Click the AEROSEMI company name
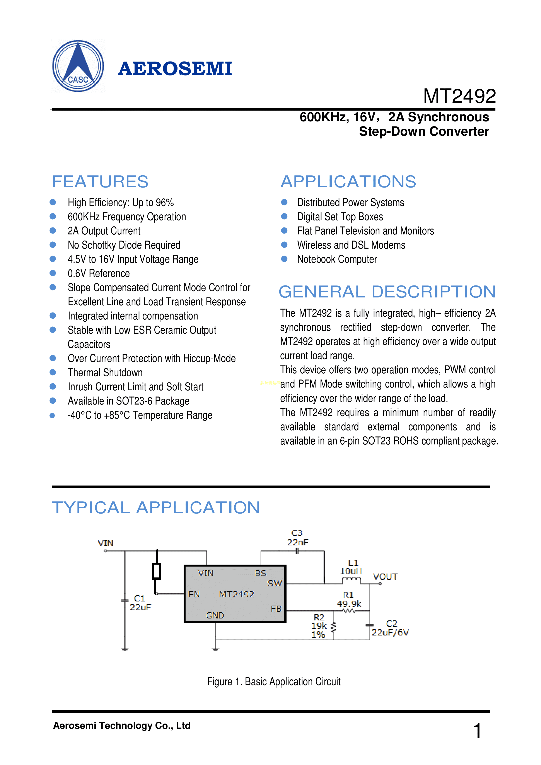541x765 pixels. point(175,69)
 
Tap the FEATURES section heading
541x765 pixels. point(100,182)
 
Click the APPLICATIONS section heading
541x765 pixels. point(348,182)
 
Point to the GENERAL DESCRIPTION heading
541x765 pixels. point(387,292)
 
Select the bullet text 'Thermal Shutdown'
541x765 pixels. point(105,372)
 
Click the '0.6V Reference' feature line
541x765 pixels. point(99,273)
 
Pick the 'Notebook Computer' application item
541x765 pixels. point(337,259)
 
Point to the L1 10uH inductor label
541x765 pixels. point(351,567)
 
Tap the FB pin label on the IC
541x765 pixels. point(276,609)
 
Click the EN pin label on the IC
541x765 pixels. point(194,594)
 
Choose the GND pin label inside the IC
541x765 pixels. point(215,615)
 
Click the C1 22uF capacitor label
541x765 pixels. point(140,603)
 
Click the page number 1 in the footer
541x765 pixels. point(477,731)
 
